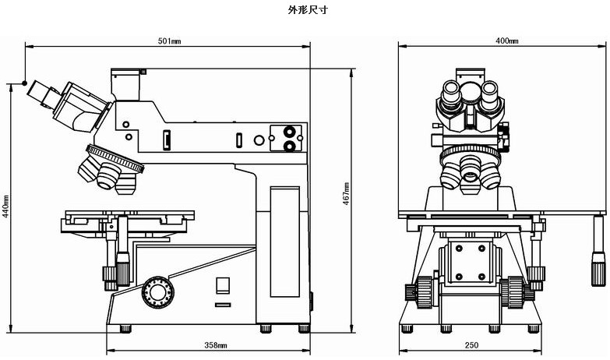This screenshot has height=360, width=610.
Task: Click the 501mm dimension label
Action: coord(169,41)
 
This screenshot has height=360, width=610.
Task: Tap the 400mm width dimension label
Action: coord(506,41)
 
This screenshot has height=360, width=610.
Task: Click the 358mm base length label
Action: coord(216,344)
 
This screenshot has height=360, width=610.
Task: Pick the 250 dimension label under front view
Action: coord(471,344)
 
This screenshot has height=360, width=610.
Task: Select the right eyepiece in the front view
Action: coord(489,93)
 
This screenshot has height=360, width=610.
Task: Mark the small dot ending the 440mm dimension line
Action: coord(25,83)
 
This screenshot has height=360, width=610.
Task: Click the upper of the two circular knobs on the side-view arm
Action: coord(290,132)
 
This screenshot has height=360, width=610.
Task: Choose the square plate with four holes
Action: coord(471,262)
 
